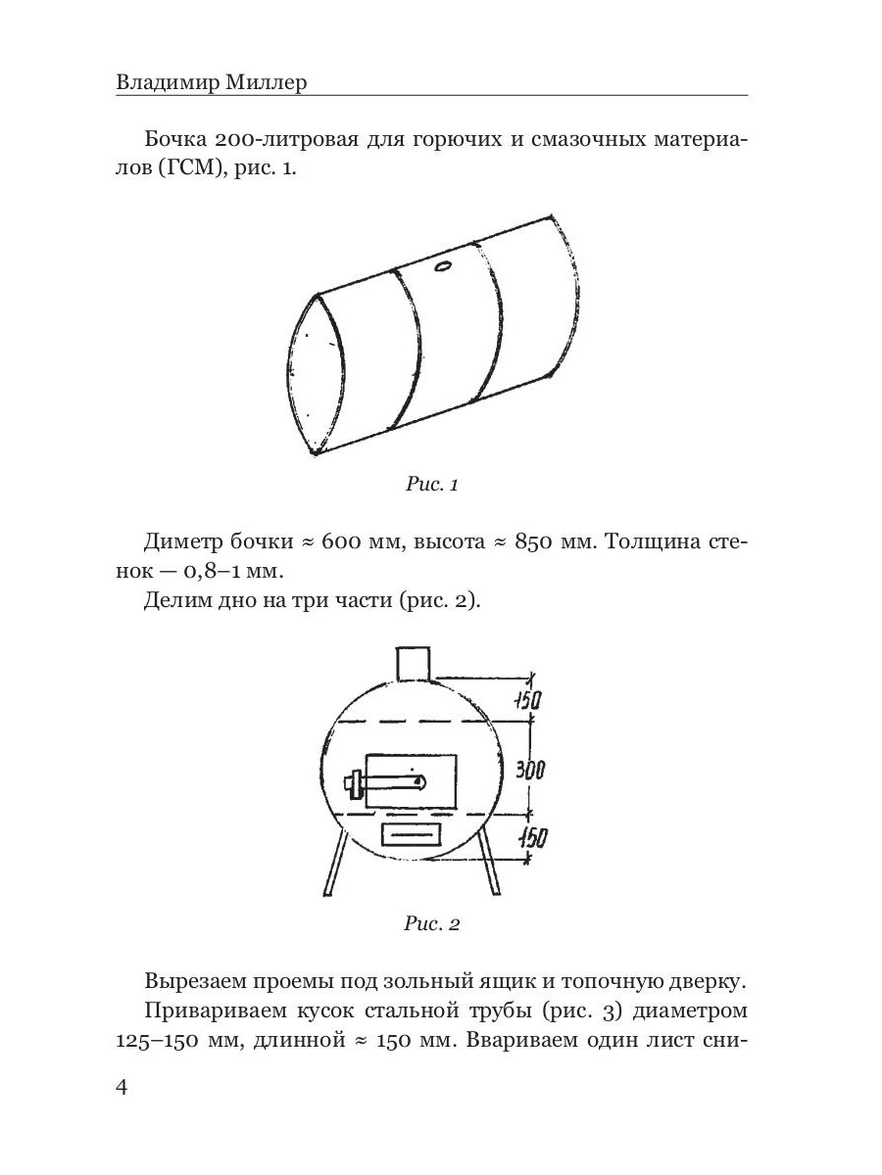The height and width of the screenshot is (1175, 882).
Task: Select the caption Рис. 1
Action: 431,484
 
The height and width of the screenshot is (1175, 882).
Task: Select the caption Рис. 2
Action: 431,923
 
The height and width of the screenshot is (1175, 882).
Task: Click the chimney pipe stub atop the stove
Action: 413,663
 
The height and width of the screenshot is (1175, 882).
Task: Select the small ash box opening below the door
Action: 410,833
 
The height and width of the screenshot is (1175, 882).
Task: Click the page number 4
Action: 122,1088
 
